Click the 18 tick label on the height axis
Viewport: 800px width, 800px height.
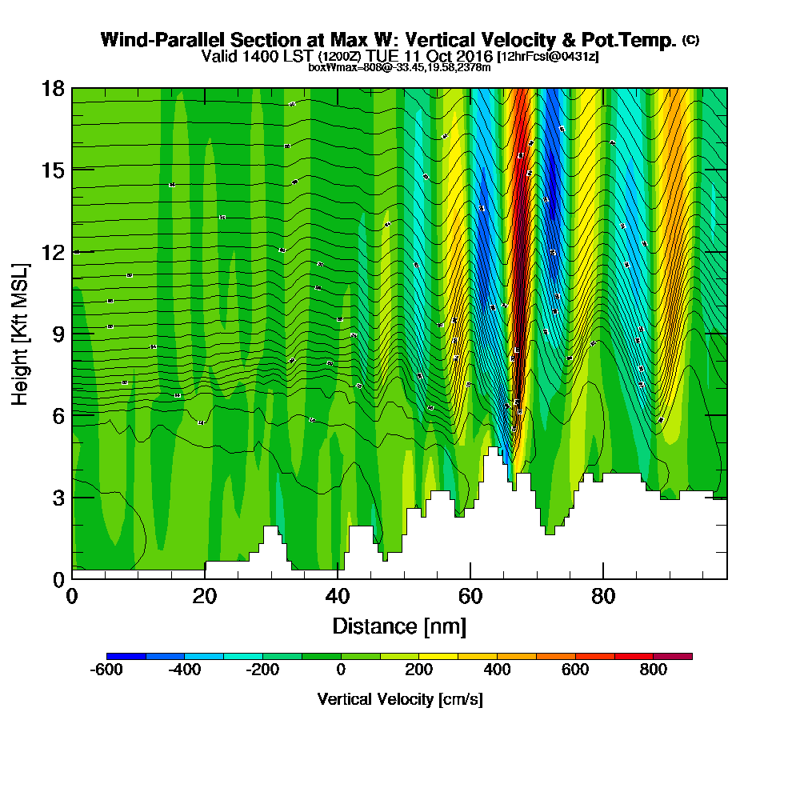(x=53, y=88)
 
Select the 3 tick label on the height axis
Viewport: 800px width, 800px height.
(x=58, y=497)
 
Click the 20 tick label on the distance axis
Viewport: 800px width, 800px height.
(x=205, y=597)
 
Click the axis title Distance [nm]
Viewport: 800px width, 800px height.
(x=399, y=625)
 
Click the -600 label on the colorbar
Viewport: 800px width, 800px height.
(x=107, y=670)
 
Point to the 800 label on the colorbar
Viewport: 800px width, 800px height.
(x=654, y=670)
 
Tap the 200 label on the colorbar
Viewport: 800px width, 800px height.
(x=419, y=670)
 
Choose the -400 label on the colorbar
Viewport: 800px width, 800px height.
(x=185, y=670)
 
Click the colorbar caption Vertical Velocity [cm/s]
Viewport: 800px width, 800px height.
(x=399, y=699)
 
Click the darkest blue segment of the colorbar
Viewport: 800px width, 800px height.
(x=126, y=656)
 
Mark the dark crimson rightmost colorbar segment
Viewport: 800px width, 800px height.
(x=673, y=656)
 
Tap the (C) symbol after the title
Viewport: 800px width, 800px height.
(x=690, y=40)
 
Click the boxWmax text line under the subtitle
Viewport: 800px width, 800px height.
(x=399, y=67)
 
